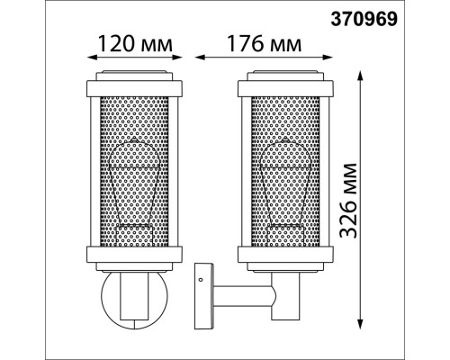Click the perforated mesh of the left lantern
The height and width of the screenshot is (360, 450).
[x=134, y=171]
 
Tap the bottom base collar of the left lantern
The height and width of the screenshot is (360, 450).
[x=134, y=255]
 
